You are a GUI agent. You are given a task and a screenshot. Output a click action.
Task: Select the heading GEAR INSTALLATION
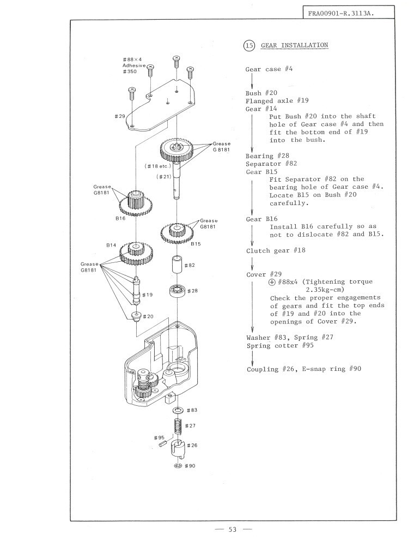tap(294, 45)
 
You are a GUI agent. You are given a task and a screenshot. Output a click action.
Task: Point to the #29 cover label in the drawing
tap(120, 116)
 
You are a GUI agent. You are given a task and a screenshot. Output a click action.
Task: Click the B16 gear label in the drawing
tap(120, 218)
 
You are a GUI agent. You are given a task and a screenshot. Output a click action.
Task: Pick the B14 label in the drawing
tap(112, 246)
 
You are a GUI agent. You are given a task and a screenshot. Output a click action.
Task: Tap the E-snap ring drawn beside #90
tap(178, 466)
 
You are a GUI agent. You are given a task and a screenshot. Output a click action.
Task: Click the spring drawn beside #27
tap(177, 425)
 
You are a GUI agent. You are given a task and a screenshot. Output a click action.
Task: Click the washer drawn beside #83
tap(178, 409)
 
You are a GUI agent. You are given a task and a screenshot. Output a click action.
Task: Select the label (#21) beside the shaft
tap(163, 177)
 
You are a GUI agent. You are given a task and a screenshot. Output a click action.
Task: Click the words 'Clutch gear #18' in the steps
tap(276, 250)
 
